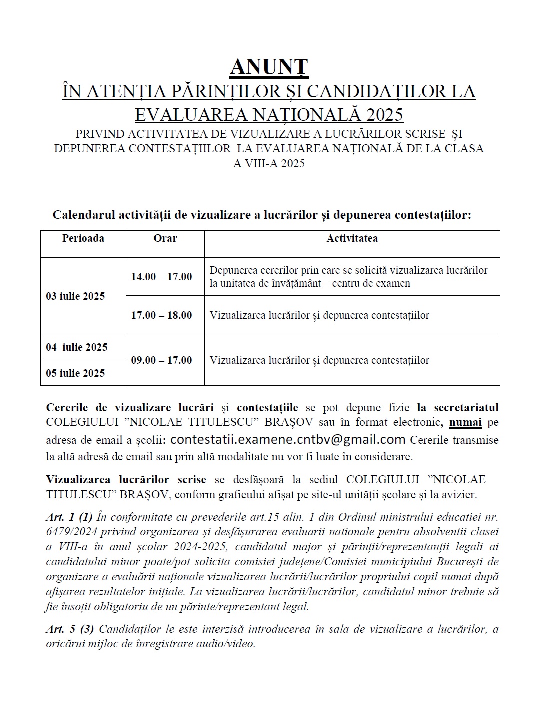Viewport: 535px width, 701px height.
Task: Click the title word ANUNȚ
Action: (269, 67)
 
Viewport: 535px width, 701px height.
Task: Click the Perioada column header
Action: (83, 238)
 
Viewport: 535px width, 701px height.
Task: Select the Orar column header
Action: (165, 238)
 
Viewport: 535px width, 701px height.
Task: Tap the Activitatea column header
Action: (352, 238)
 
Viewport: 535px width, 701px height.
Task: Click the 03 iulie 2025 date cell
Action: (75, 296)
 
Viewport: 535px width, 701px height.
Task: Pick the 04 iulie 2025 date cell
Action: (77, 347)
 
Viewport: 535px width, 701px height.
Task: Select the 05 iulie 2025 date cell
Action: (75, 373)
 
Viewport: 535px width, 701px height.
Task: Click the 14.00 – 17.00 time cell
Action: (161, 277)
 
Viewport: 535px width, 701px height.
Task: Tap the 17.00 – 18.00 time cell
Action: (161, 315)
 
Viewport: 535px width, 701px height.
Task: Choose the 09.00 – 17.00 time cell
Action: (161, 360)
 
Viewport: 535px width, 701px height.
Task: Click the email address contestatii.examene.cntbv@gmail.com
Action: (288, 440)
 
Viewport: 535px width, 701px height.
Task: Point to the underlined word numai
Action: (465, 422)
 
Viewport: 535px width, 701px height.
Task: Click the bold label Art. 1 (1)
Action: (69, 517)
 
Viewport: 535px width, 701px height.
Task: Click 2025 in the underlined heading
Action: (384, 115)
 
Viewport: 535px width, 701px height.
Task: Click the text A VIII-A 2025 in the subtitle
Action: (269, 163)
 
